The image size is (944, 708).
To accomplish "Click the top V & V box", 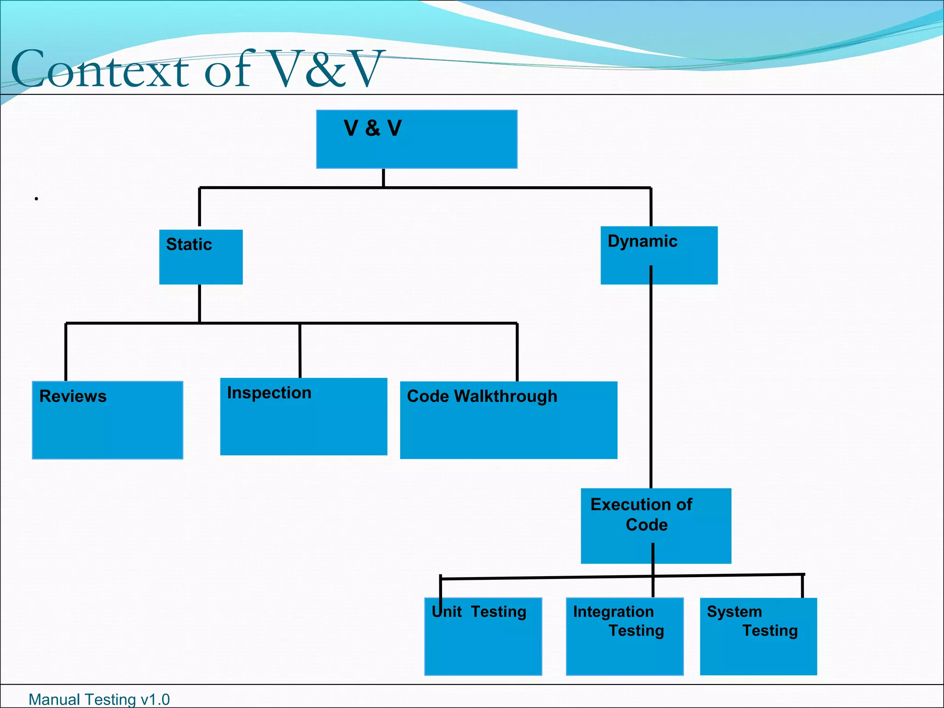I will [x=417, y=139].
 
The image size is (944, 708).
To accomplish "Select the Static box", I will [x=201, y=257].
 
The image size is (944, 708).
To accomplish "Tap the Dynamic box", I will [x=659, y=255].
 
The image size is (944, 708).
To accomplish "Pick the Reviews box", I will [x=107, y=420].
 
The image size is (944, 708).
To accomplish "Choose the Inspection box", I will [x=304, y=417].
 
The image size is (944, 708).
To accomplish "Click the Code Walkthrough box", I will [x=508, y=420].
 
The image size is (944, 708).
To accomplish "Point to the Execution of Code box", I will [x=655, y=525].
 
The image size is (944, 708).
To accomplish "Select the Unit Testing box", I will [x=483, y=636].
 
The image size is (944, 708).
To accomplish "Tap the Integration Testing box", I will [x=625, y=636].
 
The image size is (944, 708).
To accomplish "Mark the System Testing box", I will [x=758, y=636].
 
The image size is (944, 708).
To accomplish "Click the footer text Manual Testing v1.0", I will [x=99, y=699].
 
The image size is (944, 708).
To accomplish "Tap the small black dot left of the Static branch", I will [x=36, y=199].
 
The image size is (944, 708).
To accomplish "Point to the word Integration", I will [x=613, y=612].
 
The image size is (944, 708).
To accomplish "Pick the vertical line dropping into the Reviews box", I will [x=66, y=353].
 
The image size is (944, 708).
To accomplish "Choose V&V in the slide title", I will [x=325, y=69].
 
